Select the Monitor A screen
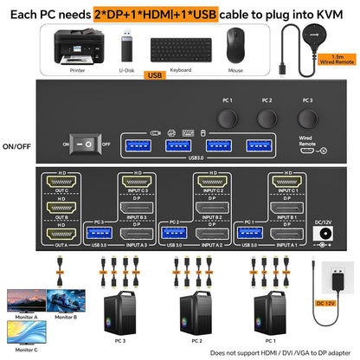click(x=29, y=299)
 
